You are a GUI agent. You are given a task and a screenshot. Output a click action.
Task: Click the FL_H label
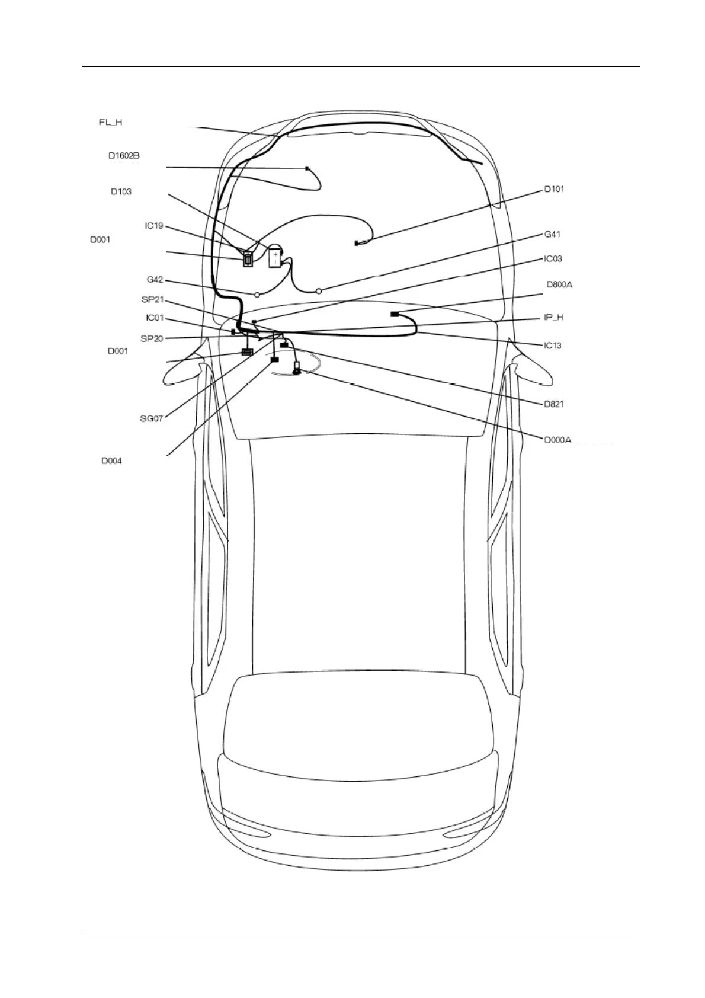coord(110,123)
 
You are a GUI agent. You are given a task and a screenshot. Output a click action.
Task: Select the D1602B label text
coord(124,156)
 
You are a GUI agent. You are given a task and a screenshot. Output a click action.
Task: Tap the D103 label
coord(121,192)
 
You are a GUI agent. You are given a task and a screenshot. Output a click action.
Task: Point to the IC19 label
coord(154,226)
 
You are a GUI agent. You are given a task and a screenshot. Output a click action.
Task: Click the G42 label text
coord(155,280)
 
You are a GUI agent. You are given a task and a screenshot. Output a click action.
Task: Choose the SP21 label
coord(152,300)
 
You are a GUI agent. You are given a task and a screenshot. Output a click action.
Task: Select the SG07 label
coord(151,418)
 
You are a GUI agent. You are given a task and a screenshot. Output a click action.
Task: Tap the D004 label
coord(111,461)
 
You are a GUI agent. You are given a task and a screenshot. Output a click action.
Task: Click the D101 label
coord(554,190)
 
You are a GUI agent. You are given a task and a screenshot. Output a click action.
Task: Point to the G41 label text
coord(552,235)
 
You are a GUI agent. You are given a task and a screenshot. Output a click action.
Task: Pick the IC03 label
coord(553,259)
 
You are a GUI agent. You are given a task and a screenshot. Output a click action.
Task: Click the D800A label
coord(559,285)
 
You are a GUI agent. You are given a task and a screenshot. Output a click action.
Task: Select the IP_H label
coord(553,318)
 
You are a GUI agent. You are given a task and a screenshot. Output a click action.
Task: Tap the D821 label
coord(554,404)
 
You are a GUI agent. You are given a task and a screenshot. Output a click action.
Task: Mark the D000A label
coord(557,440)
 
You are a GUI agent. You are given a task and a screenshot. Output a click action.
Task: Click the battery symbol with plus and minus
coord(275,258)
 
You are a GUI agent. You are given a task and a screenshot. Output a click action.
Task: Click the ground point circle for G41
coord(319,290)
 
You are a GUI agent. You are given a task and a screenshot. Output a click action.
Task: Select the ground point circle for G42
coord(257,294)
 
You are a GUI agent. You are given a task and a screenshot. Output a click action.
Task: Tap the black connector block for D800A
coord(394,314)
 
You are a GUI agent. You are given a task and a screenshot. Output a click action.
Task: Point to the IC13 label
coord(553,346)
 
